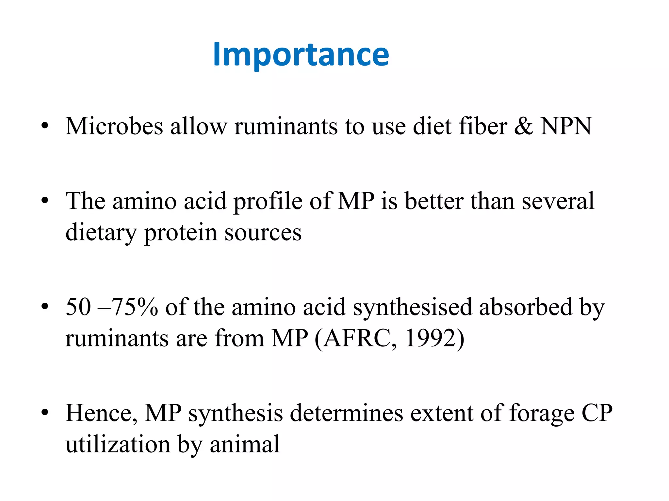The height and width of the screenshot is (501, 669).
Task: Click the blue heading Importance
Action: [x=301, y=55]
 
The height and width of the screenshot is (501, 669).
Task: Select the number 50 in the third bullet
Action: [x=78, y=307]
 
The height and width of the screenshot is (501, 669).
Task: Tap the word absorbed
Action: [x=526, y=307]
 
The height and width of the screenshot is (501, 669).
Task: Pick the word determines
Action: [x=346, y=413]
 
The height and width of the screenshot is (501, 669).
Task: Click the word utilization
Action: [x=118, y=444]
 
